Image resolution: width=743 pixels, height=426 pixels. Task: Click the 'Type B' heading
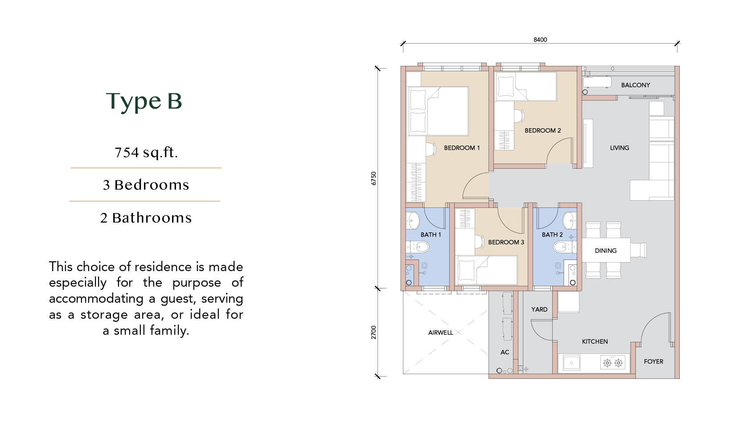(x=144, y=101)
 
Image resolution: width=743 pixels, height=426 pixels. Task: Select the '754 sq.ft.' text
(x=146, y=152)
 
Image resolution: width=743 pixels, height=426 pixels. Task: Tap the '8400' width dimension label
(x=540, y=40)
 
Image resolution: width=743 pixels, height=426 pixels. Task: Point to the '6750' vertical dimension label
(x=374, y=178)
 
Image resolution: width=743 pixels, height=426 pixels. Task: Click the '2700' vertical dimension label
(x=374, y=332)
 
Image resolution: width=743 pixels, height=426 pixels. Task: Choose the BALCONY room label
(x=636, y=85)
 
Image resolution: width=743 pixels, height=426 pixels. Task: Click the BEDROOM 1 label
(x=462, y=148)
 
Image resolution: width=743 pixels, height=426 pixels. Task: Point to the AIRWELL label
(x=440, y=333)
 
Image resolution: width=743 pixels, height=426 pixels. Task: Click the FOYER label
(x=653, y=361)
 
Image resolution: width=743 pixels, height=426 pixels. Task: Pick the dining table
(x=606, y=250)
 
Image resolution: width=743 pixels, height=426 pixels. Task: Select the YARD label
(x=539, y=309)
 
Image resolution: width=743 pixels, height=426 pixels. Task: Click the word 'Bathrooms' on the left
(x=152, y=218)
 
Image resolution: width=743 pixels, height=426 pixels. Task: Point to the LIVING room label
(x=620, y=148)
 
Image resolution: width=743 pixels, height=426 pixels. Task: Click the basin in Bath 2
(x=570, y=220)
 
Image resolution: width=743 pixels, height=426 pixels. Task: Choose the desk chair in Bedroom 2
(x=519, y=116)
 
